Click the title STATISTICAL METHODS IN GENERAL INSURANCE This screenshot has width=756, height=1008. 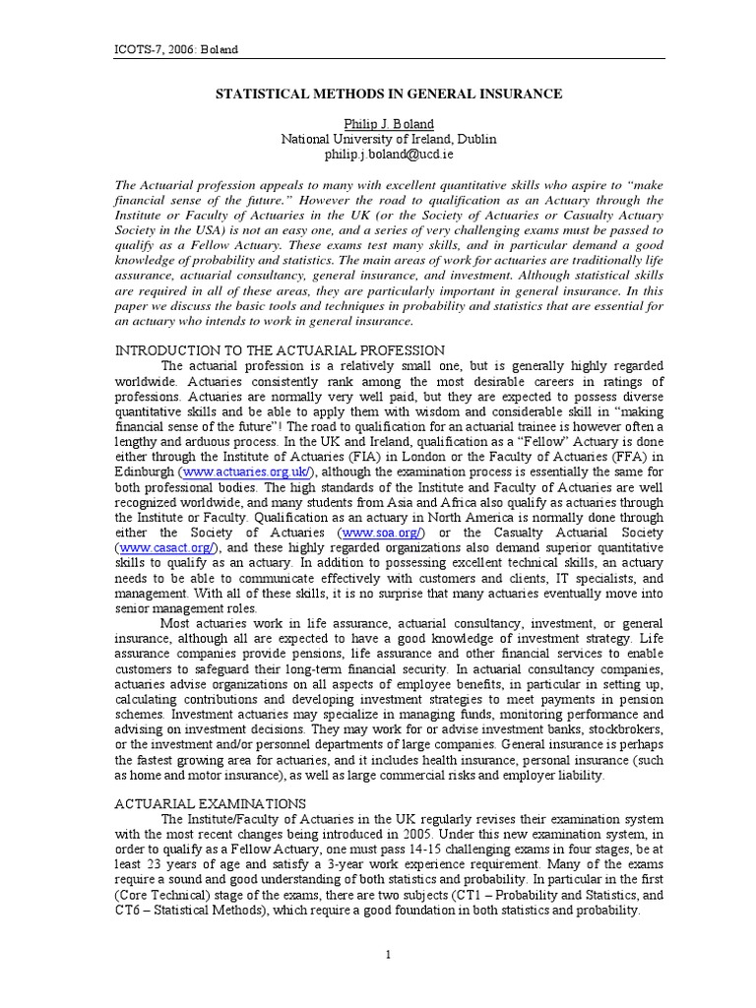[389, 94]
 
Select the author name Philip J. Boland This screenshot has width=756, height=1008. [389, 124]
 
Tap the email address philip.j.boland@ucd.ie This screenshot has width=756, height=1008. [389, 155]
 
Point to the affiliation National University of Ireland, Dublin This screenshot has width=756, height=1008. [389, 139]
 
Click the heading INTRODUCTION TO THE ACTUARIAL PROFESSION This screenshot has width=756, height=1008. [281, 350]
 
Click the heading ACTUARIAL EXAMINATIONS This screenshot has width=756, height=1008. [211, 803]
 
